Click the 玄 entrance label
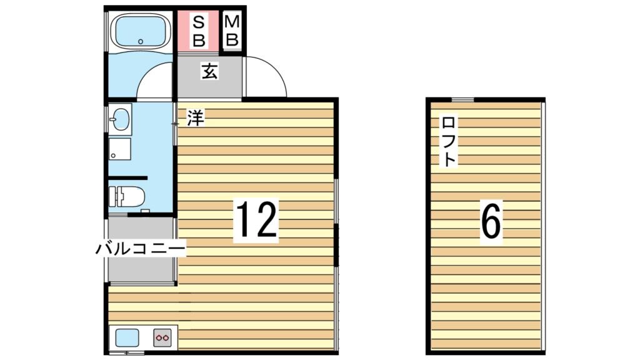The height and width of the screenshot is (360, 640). tap(209, 72)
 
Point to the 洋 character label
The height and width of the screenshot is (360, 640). tap(196, 117)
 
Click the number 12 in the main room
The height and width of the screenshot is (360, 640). tap(256, 220)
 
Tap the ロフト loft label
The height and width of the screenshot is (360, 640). tap(448, 141)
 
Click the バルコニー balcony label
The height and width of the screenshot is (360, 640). tap(141, 249)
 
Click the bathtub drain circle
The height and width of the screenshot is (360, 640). tap(141, 42)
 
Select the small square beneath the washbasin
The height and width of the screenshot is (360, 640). tap(119, 149)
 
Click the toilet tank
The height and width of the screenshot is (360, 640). tap(113, 197)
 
